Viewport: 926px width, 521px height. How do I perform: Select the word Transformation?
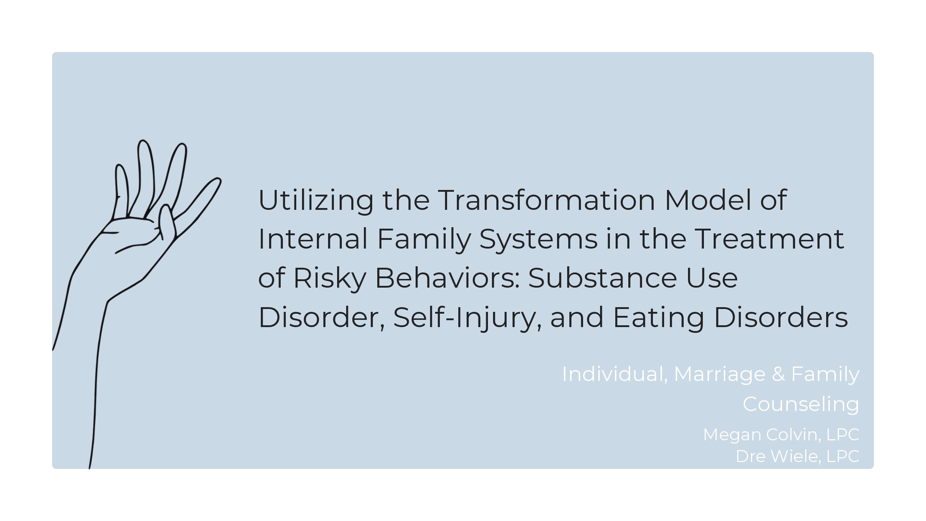547,200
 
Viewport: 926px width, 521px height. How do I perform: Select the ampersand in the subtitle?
778,374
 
